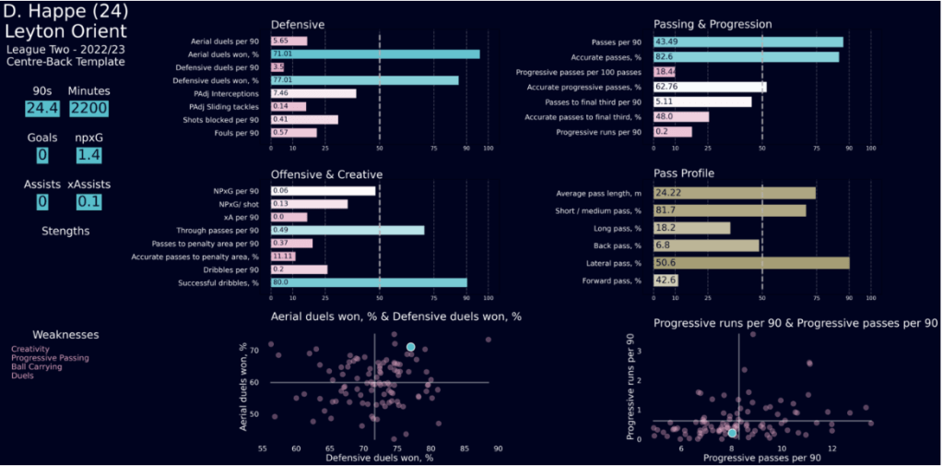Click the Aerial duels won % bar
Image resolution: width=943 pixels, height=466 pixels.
pyautogui.click(x=374, y=54)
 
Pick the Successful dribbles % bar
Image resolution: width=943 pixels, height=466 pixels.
pyautogui.click(x=368, y=282)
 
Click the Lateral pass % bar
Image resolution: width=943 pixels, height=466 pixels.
pyautogui.click(x=750, y=263)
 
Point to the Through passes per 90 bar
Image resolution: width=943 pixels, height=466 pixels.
pyautogui.click(x=347, y=230)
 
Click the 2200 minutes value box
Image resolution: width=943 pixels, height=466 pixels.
pyautogui.click(x=88, y=108)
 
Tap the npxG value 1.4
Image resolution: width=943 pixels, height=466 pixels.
pyautogui.click(x=88, y=154)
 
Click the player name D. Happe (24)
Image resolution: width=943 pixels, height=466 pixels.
pyautogui.click(x=65, y=12)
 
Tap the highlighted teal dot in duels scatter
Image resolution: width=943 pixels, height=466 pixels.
pyautogui.click(x=410, y=347)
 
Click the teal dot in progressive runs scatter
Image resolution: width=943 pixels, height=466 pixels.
pyautogui.click(x=733, y=433)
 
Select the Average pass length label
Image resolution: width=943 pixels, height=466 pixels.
pyautogui.click(x=598, y=193)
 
